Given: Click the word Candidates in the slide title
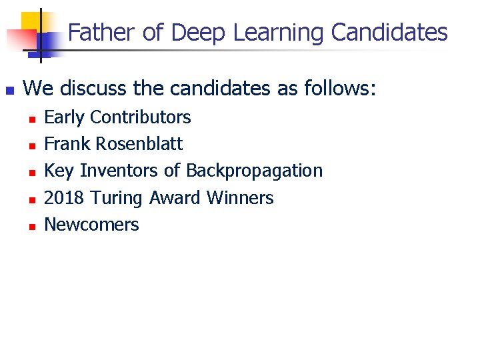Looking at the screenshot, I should pos(389,32).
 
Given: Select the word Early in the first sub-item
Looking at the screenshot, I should pos(63,117).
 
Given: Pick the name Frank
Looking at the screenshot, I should pos(67,144).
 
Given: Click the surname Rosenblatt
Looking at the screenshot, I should pos(139,144).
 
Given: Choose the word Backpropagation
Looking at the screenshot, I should pos(254,171).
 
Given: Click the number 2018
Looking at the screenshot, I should pos(65,198).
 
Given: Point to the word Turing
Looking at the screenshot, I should pos(117,198).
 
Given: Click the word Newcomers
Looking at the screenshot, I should pos(91,225).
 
